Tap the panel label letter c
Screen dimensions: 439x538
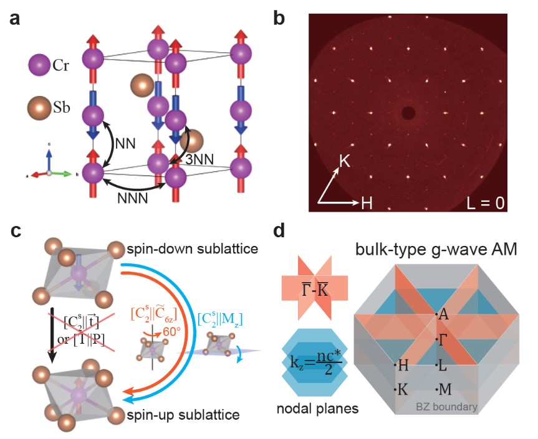17,230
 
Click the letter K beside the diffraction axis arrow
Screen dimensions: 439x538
345,161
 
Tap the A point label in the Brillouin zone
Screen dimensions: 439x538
443,314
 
